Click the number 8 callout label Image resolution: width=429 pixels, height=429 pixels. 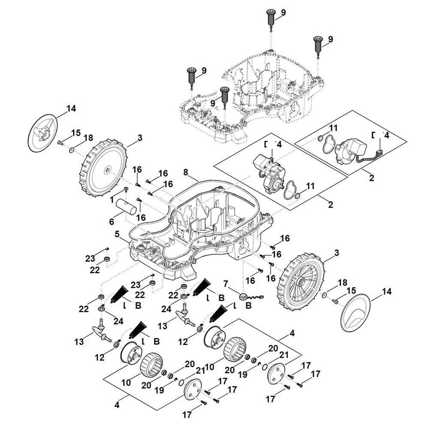pyautogui.click(x=186, y=172)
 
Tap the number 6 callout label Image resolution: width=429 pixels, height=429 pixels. pyautogui.click(x=112, y=222)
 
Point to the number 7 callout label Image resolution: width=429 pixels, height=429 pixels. pyautogui.click(x=226, y=284)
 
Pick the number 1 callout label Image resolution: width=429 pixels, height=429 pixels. pyautogui.click(x=112, y=200)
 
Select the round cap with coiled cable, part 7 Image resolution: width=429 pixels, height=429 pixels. pyautogui.click(x=251, y=296)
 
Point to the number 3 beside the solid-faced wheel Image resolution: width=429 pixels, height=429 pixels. pyautogui.click(x=140, y=138)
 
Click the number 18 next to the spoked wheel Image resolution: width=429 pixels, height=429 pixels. pyautogui.click(x=342, y=283)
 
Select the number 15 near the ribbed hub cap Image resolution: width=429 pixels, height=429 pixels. pyautogui.click(x=76, y=133)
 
